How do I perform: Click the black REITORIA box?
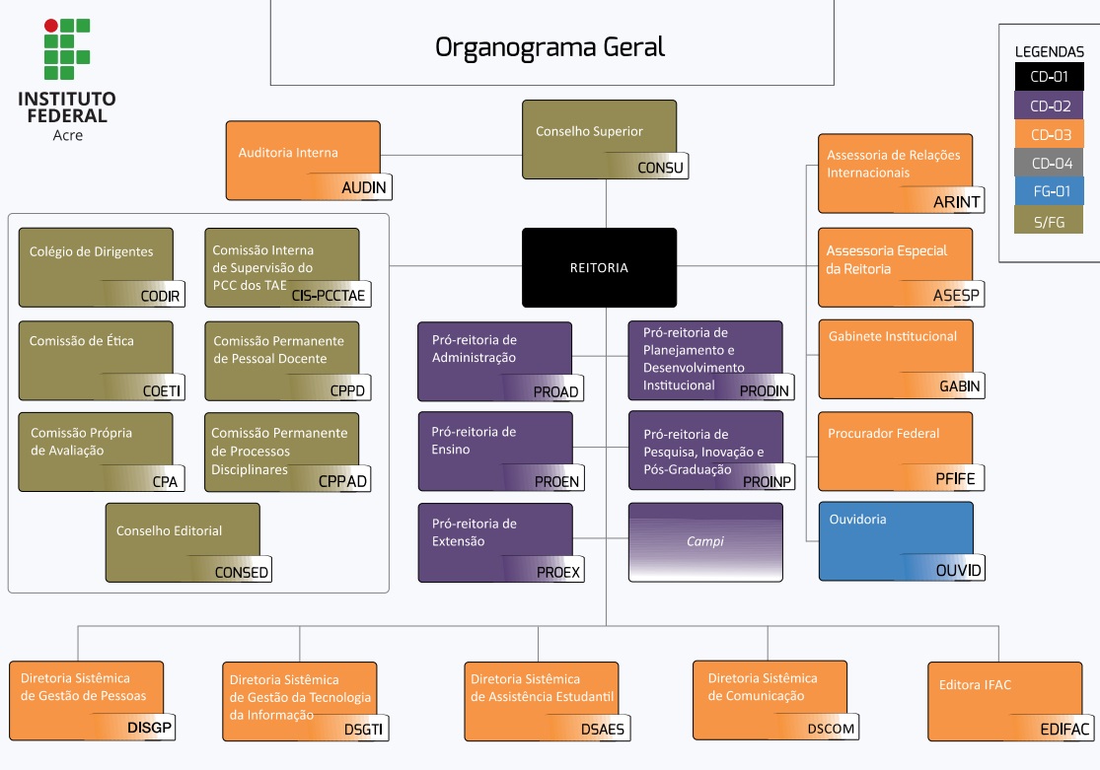(599, 267)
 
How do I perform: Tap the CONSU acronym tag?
(660, 168)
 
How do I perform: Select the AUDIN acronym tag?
(364, 188)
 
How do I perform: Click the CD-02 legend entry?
(1050, 106)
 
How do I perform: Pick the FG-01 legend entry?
(1050, 191)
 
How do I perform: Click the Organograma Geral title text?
(550, 47)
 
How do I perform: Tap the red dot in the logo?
(50, 26)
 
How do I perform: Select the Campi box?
(705, 541)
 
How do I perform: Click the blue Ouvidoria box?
(895, 539)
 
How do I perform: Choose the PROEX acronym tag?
(558, 572)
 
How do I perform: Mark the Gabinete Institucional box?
(895, 358)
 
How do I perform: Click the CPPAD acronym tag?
(342, 481)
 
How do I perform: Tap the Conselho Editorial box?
(183, 541)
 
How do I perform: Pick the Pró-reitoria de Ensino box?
(494, 450)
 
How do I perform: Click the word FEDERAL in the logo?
(67, 115)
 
